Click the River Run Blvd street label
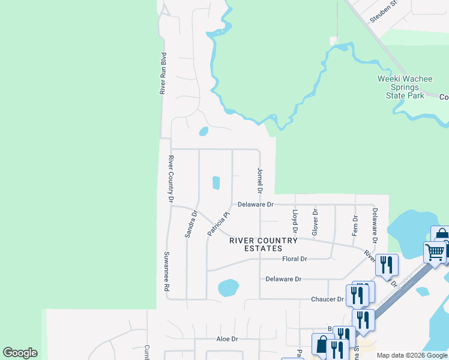[x=163, y=73]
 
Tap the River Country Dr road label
[x=171, y=178]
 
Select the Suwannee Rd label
[x=167, y=271]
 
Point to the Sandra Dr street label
[x=191, y=224]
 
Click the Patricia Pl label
[x=218, y=223]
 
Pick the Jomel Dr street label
[x=260, y=181]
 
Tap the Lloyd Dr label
[x=295, y=221]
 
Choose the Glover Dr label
[x=315, y=221]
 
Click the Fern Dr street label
[x=355, y=225]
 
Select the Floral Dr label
[x=294, y=259]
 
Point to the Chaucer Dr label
[x=327, y=299]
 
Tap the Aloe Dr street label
[x=227, y=338]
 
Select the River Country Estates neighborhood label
[x=264, y=244]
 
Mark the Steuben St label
[x=385, y=11]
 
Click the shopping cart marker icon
[x=435, y=251]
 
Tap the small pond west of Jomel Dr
[x=216, y=182]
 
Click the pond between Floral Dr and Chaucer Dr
[x=228, y=287]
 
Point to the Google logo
[x=20, y=353]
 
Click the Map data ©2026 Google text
[x=412, y=355]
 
